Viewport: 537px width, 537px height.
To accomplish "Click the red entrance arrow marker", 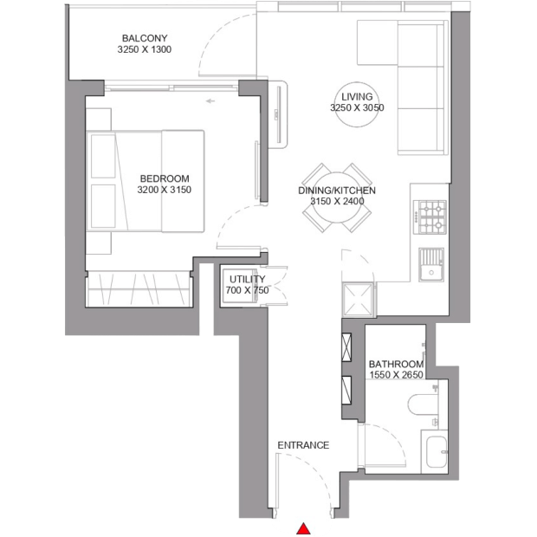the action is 303,528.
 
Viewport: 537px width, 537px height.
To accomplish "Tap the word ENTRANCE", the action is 303,445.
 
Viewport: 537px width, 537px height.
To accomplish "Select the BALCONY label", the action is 145,38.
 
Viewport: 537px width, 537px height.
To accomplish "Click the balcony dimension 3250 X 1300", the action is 145,49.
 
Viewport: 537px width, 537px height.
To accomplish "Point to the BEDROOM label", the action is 165,178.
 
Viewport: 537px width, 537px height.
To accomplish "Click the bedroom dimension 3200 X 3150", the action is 165,190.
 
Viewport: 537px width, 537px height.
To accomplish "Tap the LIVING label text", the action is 357,97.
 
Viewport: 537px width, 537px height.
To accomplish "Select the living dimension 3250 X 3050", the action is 357,107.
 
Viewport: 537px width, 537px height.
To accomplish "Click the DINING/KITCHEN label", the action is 337,191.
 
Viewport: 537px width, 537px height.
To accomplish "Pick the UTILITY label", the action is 247,279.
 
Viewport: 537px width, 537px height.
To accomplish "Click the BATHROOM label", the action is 396,364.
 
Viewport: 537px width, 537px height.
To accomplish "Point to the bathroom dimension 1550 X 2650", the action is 396,375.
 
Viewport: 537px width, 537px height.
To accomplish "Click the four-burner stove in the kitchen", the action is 430,217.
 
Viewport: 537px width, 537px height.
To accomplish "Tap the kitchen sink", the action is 431,265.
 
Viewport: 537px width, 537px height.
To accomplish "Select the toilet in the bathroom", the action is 424,404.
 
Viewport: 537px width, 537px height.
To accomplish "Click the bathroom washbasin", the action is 437,452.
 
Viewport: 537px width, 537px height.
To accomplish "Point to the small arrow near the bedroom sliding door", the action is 210,101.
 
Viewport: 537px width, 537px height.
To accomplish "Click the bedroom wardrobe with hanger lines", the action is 139,288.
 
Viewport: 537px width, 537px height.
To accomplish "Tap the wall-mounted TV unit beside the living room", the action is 277,114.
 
